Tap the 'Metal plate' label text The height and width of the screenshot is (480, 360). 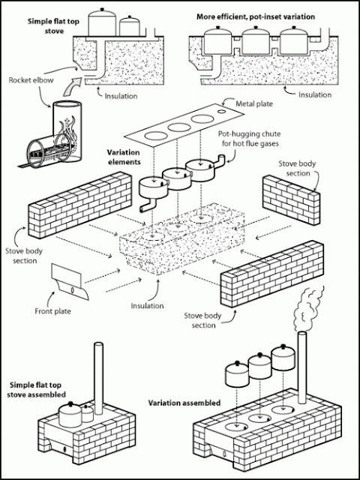[x=254, y=103]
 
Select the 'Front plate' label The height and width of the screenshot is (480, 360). [x=52, y=312]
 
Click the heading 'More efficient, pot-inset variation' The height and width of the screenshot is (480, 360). [x=256, y=16]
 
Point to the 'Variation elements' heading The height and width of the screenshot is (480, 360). [x=123, y=157]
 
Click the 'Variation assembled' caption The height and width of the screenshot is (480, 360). [x=184, y=403]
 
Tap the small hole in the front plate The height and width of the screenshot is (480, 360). [x=72, y=290]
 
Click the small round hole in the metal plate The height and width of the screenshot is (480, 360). [x=222, y=112]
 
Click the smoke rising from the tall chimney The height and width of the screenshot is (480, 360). [x=308, y=309]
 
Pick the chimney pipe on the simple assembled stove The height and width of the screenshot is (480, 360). [x=98, y=378]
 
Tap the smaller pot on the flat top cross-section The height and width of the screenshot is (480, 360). [x=130, y=26]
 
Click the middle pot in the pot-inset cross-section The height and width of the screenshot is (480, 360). [x=255, y=40]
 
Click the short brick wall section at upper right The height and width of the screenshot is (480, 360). [x=292, y=199]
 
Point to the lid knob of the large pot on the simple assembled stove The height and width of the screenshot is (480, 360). [x=71, y=403]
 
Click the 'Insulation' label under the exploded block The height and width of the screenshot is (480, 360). [x=147, y=305]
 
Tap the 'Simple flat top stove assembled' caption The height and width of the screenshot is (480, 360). [x=37, y=389]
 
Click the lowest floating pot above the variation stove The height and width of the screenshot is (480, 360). [x=237, y=373]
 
